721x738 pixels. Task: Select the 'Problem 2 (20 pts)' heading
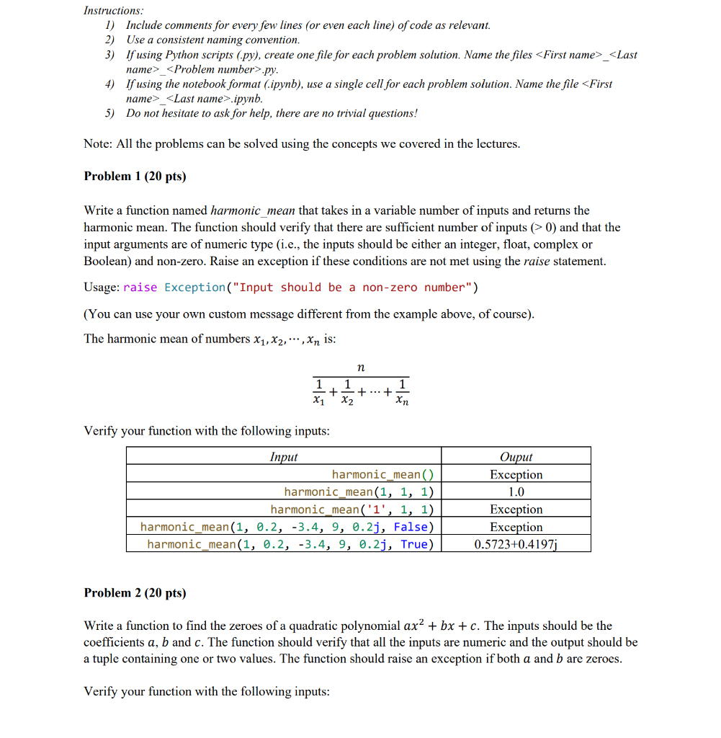135,592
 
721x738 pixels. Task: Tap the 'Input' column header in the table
283,457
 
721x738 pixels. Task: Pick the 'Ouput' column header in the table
516,457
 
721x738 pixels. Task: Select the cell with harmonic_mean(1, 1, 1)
359,492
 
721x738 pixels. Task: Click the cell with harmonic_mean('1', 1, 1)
352,509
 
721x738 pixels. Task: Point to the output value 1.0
516,492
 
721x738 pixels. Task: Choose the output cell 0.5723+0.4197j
516,544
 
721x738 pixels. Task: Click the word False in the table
413,527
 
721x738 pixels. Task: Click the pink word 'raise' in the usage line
140,288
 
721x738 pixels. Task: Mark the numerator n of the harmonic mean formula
361,368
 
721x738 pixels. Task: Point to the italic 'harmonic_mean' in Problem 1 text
253,210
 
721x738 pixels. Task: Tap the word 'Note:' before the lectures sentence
97,143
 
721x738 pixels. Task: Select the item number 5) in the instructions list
109,113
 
